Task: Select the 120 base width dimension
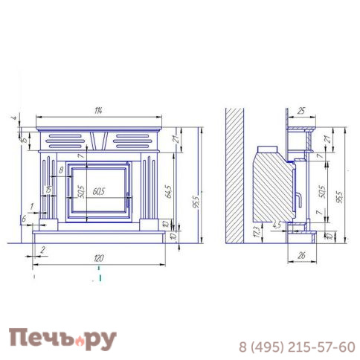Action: (x=99, y=257)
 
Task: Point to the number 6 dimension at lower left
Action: (x=24, y=218)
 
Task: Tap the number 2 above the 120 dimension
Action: (x=42, y=250)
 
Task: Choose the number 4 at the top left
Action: (x=13, y=118)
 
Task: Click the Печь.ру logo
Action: (x=62, y=338)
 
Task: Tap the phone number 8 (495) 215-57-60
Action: (x=296, y=347)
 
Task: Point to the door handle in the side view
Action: (x=298, y=199)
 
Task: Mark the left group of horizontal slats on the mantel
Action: (x=65, y=140)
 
